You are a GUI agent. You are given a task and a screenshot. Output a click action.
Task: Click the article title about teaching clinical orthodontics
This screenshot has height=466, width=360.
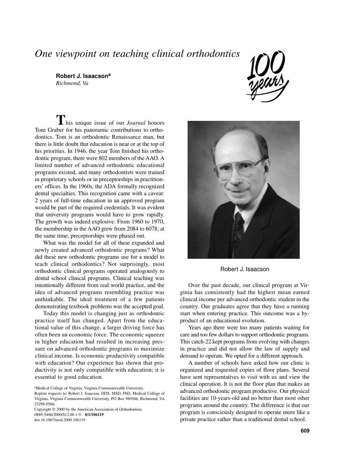coord(137,54)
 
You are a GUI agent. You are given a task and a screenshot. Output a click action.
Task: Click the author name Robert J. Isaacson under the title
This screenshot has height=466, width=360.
coord(83,76)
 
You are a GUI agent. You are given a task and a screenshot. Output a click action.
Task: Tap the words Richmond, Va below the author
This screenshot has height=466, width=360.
coord(72,83)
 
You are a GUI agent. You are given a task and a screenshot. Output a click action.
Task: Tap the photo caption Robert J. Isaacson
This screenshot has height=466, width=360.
coord(245,269)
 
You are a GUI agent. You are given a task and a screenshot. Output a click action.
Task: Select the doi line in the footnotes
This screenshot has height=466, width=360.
coord(59,420)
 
